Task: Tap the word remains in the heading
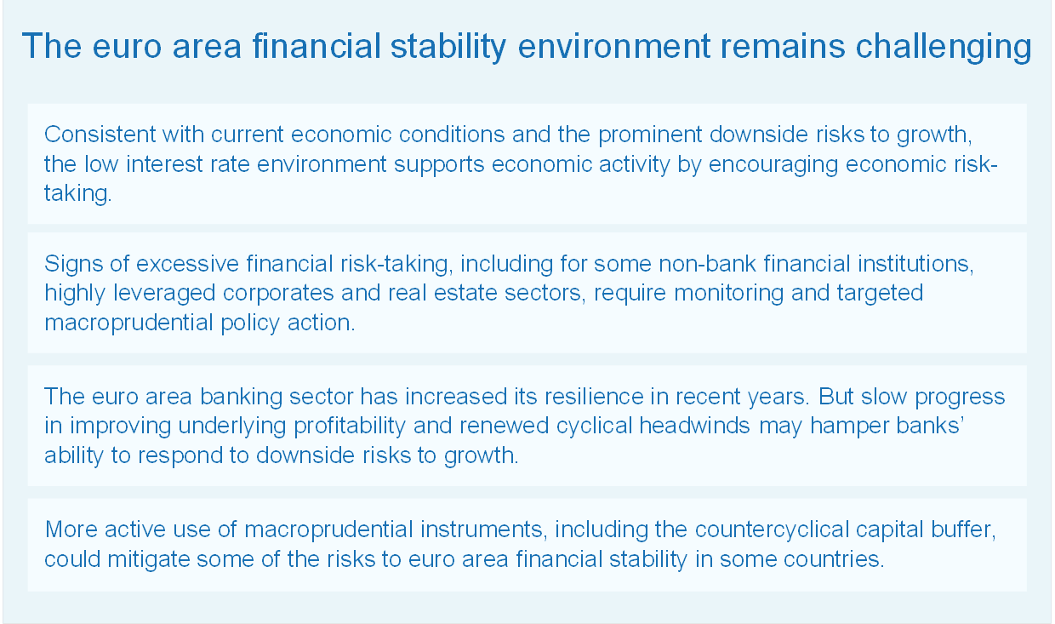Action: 783,46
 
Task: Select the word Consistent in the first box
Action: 100,135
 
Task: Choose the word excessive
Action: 187,263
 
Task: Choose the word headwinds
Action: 694,426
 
